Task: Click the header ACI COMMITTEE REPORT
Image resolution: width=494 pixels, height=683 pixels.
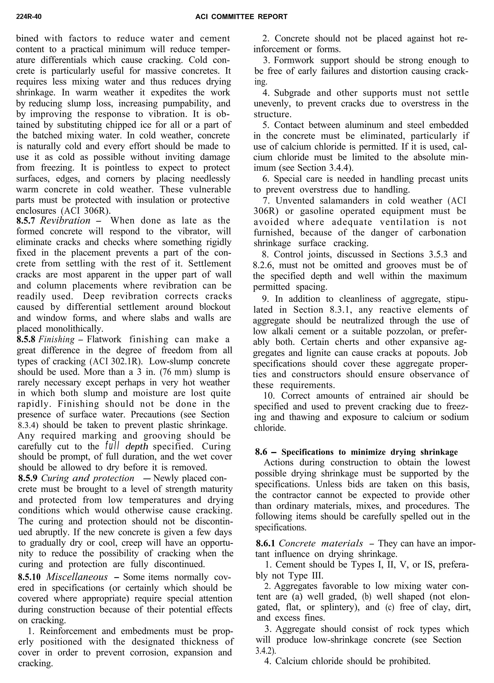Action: click(241, 17)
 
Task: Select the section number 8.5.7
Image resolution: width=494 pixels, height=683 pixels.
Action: click(26, 221)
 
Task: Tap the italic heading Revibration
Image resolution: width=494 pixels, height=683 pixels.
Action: click(65, 221)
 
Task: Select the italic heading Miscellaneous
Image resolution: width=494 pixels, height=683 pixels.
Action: click(77, 577)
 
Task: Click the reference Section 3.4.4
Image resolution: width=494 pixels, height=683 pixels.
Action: click(324, 168)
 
